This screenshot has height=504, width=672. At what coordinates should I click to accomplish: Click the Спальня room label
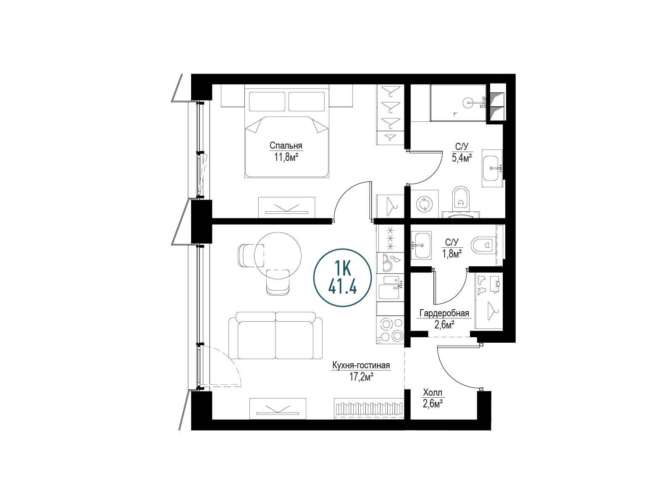click(286, 145)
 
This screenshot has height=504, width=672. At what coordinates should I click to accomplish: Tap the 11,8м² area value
click(286, 157)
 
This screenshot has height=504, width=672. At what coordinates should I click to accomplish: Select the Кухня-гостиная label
click(361, 365)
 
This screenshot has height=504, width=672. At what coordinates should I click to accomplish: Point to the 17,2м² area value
click(362, 377)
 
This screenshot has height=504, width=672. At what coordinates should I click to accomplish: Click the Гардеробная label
click(444, 313)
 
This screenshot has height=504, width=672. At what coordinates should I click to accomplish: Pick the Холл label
click(433, 393)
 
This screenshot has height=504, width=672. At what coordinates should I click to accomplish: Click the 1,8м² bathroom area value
click(452, 253)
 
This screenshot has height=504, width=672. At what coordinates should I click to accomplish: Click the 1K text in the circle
click(342, 269)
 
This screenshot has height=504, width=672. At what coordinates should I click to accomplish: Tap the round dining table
click(278, 255)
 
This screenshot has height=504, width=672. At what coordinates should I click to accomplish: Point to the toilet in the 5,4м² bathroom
click(461, 199)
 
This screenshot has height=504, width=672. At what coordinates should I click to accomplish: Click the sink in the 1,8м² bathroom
click(421, 245)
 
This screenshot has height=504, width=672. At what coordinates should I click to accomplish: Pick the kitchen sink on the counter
click(389, 287)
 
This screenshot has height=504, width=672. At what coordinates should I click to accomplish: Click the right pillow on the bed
click(307, 102)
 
